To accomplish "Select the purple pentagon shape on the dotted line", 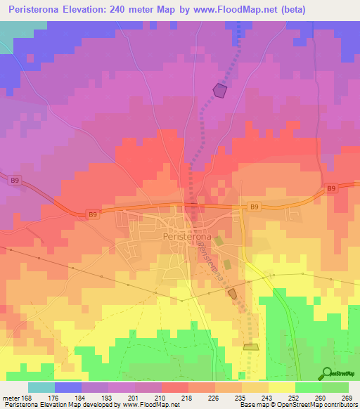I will click(x=221, y=90).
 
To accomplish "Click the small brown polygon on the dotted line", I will click(x=233, y=293).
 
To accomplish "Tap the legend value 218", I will click(x=186, y=397).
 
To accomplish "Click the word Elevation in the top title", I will click(x=75, y=10).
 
